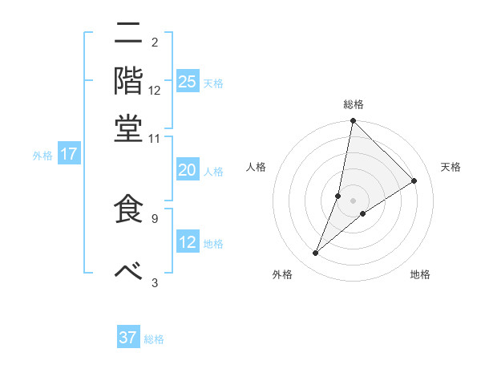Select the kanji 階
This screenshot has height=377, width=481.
tap(127, 80)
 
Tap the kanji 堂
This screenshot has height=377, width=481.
tap(127, 128)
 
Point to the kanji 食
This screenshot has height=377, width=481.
tap(127, 209)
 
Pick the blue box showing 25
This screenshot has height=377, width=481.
tap(188, 82)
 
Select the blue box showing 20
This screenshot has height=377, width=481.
tap(188, 170)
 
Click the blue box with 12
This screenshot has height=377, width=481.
tap(188, 242)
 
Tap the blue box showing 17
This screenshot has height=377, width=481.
tap(69, 155)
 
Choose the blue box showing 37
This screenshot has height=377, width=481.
tap(128, 338)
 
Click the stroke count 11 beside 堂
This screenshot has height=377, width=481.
tap(155, 138)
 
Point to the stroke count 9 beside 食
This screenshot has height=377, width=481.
tap(155, 217)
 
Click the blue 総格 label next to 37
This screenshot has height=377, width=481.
tap(154, 339)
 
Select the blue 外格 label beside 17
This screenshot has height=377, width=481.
tap(42, 156)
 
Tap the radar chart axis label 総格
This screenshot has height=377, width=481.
tap(353, 104)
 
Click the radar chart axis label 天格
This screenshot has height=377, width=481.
tap(451, 167)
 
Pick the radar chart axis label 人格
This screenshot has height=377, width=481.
tap(256, 167)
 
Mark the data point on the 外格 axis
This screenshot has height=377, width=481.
tap(316, 253)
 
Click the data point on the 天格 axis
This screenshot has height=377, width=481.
tap(414, 181)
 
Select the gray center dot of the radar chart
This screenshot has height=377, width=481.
tap(353, 201)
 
